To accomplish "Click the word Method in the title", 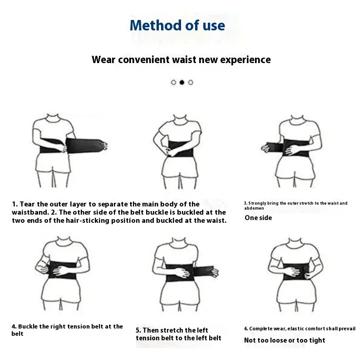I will coord(156,25).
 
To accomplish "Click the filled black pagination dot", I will coord(182,82).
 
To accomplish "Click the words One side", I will coord(258,218).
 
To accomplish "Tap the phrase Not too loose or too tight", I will coord(285,340).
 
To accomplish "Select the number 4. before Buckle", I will coord(14,326).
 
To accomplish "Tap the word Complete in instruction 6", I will coord(260,329).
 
